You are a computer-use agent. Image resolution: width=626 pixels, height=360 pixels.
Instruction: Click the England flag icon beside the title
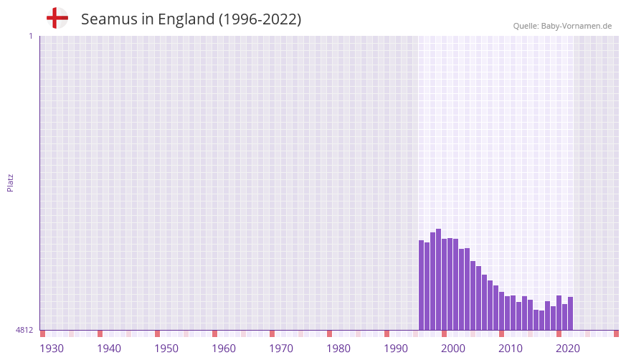coord(57,19)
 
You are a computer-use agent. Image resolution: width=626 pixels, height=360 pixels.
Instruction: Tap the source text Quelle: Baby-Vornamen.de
coord(562,26)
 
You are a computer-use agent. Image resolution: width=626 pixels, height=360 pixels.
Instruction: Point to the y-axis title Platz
coord(10,183)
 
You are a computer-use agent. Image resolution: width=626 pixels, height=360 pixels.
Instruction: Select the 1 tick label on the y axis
coord(30,36)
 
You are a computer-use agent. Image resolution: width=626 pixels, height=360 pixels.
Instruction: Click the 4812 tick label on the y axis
coord(24,331)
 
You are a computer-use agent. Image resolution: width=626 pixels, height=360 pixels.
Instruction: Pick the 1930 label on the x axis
coord(52,349)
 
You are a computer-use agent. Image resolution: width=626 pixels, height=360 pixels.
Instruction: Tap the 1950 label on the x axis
coord(166,349)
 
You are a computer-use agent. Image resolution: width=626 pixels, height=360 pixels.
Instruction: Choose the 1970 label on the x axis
coord(281,349)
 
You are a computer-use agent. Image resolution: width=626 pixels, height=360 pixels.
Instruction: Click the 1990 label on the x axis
coord(396,349)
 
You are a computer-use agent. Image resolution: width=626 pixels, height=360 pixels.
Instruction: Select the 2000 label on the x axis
coord(453,349)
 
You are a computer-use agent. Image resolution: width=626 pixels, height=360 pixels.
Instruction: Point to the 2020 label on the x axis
coord(568,349)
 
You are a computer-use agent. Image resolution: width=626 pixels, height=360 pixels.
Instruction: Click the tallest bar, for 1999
coord(438,280)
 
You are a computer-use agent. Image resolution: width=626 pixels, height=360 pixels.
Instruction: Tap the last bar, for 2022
coord(570,313)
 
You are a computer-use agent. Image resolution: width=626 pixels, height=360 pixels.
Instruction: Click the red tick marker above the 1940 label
coord(100,333)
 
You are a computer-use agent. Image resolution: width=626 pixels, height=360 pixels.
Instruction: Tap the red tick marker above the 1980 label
coord(329,333)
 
